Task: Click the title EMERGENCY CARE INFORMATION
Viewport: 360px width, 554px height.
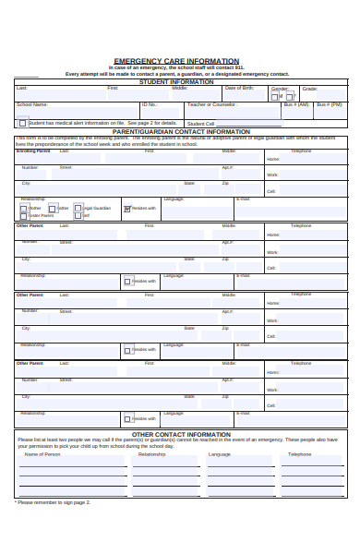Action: [x=175, y=61]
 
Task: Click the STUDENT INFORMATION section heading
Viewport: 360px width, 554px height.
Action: [x=175, y=81]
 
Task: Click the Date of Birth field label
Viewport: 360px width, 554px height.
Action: [x=238, y=88]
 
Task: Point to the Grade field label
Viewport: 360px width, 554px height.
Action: [x=309, y=89]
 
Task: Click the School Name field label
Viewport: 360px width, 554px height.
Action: [x=31, y=104]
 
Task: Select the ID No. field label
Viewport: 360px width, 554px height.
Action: [x=150, y=104]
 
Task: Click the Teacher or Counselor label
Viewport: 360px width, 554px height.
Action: [x=212, y=104]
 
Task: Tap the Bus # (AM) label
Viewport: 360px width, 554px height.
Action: [x=296, y=104]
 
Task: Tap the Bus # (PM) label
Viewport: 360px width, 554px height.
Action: [x=329, y=104]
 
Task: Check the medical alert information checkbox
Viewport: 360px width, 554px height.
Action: [x=23, y=122]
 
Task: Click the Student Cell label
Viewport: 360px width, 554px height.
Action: [x=200, y=123]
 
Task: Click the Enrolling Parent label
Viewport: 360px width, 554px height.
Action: [x=33, y=150]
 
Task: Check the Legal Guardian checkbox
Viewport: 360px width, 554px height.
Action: [x=78, y=209]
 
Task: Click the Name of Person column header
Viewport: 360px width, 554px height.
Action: [x=42, y=454]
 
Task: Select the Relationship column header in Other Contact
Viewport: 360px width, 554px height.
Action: [x=151, y=454]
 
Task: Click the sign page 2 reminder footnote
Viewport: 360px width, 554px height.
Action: [x=52, y=502]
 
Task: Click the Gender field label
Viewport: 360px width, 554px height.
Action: [x=280, y=89]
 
